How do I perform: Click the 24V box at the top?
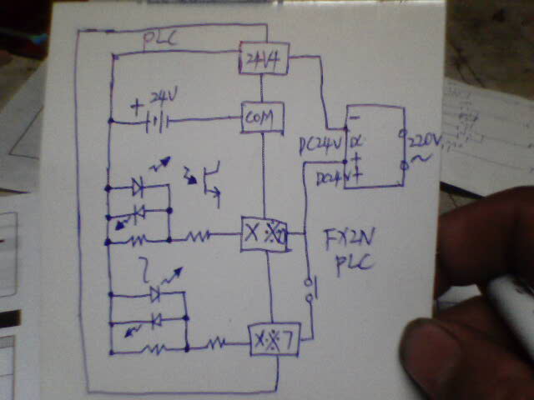(264, 57)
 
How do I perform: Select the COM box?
(263, 117)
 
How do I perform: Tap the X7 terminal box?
(275, 339)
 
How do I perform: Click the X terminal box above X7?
(263, 234)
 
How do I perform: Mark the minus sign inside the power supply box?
(353, 119)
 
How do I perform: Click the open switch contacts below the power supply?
(310, 287)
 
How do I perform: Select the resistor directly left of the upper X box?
(198, 236)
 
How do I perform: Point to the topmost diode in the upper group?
(139, 187)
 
